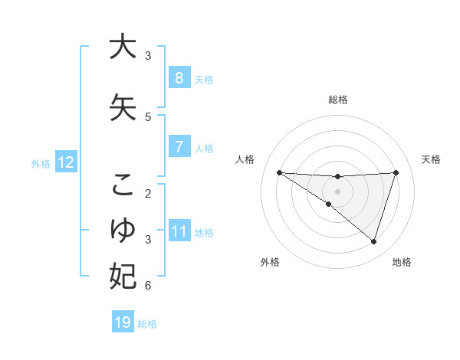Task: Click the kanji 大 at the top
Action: coord(123,47)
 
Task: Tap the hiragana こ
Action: coord(123,185)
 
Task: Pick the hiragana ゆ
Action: coord(123,229)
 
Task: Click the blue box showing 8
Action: coord(179,78)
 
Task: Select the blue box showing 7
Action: coord(179,146)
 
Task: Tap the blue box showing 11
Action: coord(179,231)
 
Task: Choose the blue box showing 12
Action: coord(65,162)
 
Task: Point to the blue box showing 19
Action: coord(123,322)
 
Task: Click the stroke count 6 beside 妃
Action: coord(148,286)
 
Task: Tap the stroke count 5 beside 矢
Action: coord(148,116)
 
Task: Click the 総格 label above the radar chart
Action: coord(338,100)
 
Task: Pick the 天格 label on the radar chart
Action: coord(431,159)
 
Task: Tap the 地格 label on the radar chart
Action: coord(402,262)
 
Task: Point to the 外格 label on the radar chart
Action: coord(270,262)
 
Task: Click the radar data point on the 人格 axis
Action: coord(279,172)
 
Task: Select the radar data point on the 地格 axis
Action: coord(373,241)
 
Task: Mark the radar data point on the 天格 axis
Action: coord(396,172)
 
